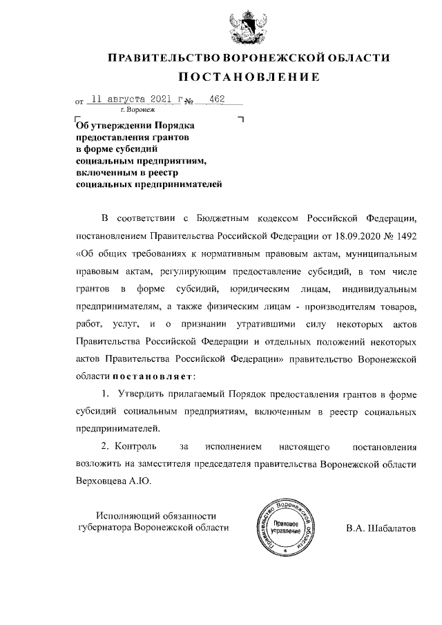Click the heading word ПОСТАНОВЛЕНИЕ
pos(249,77)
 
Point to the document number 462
pos(217,99)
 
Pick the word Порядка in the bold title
pos(176,126)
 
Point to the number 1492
pos(403,237)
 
